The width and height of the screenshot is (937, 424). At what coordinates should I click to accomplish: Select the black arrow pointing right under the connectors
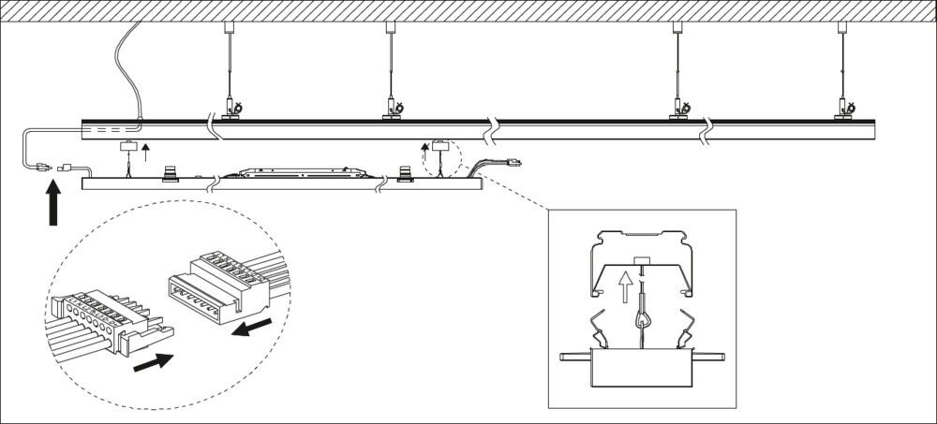click(153, 361)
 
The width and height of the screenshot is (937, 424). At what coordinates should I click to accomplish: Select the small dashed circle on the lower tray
click(438, 158)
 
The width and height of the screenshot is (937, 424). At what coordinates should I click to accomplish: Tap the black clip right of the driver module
click(405, 173)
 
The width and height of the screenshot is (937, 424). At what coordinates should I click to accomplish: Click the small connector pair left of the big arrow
click(52, 168)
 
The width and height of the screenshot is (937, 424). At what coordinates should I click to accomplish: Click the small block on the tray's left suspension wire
click(127, 146)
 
